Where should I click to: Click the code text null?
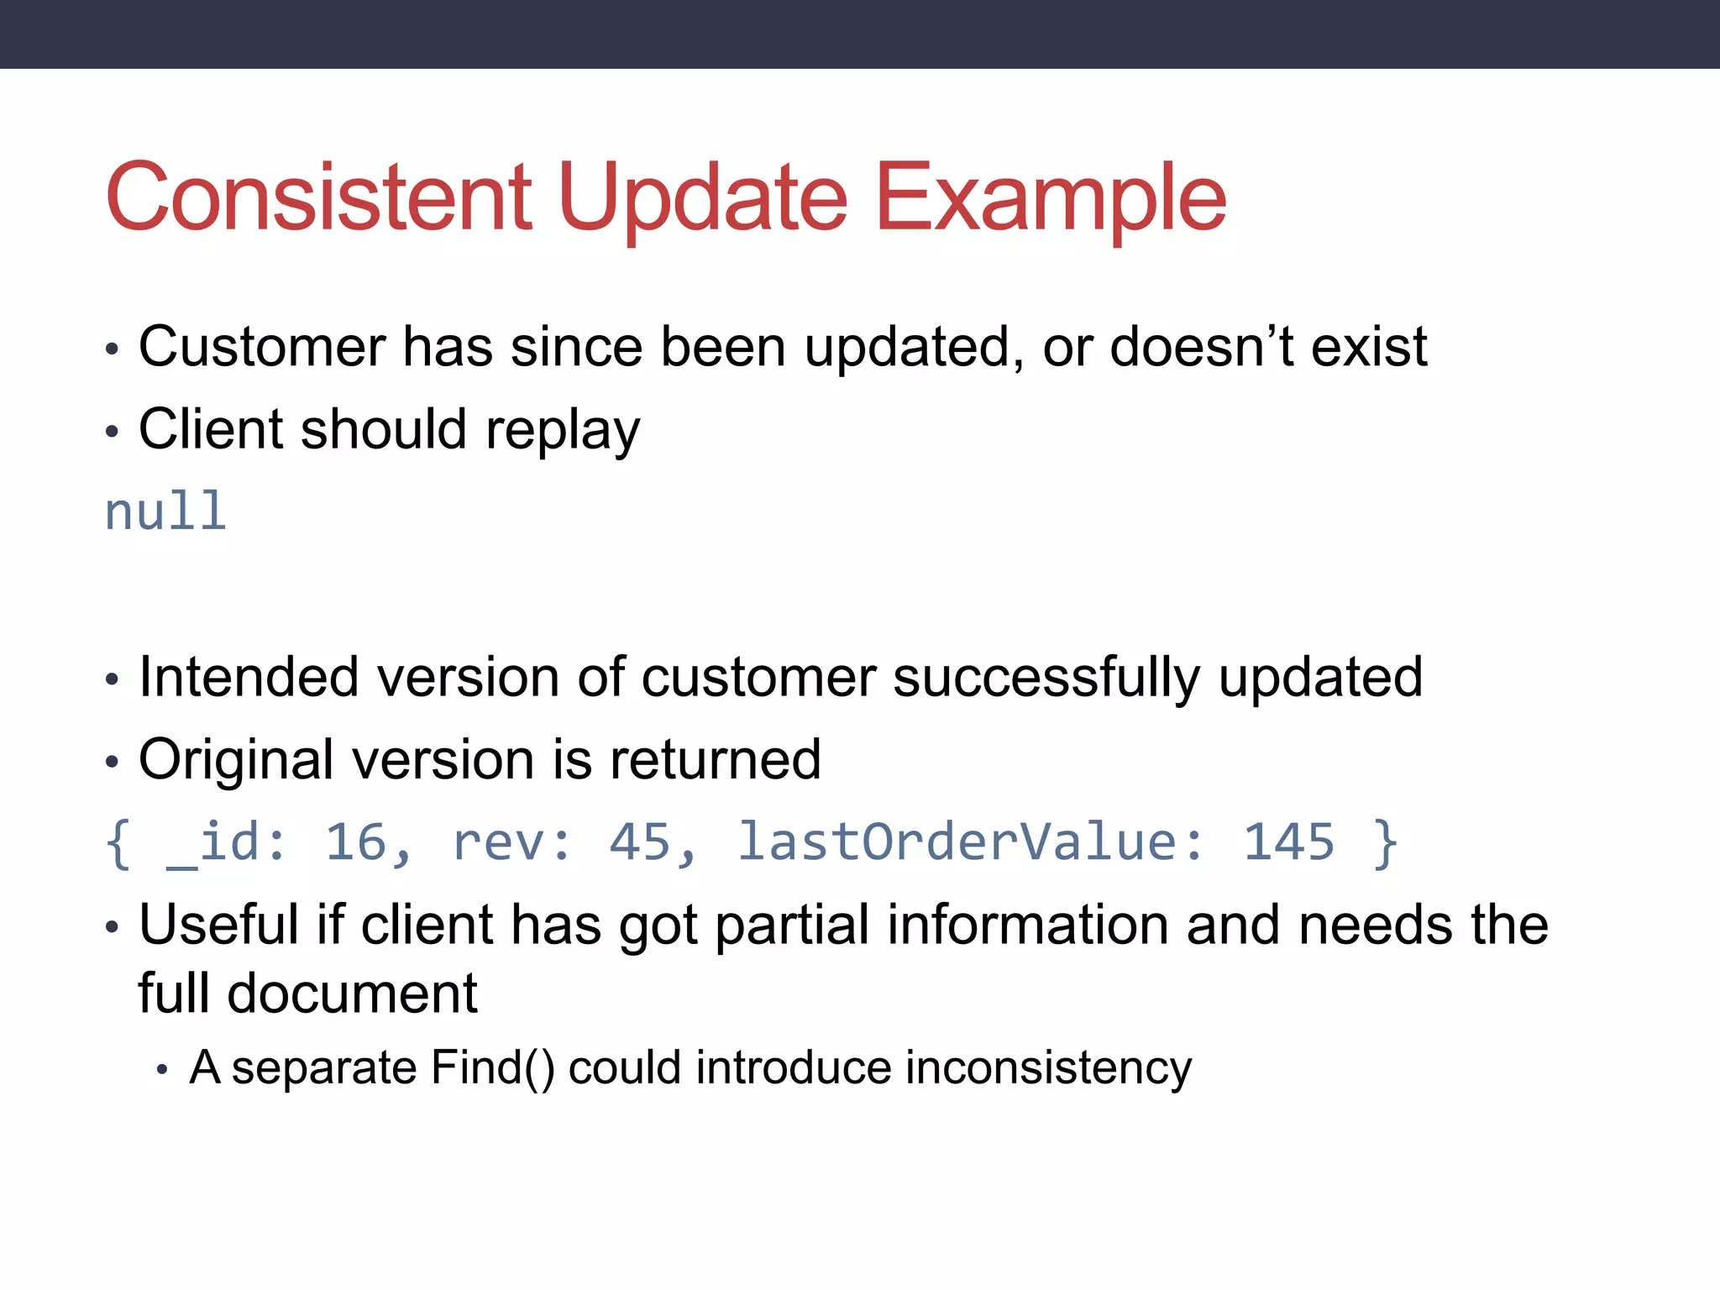click(165, 511)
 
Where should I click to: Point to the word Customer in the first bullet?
click(261, 346)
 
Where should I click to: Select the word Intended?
click(249, 676)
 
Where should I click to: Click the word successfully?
click(1046, 676)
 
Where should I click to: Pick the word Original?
click(236, 759)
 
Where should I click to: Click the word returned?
click(715, 759)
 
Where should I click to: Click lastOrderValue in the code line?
click(970, 842)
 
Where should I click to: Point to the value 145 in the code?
click(1288, 842)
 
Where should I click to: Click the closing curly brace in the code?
click(1384, 842)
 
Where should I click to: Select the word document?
click(352, 994)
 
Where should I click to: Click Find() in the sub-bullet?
click(492, 1068)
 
